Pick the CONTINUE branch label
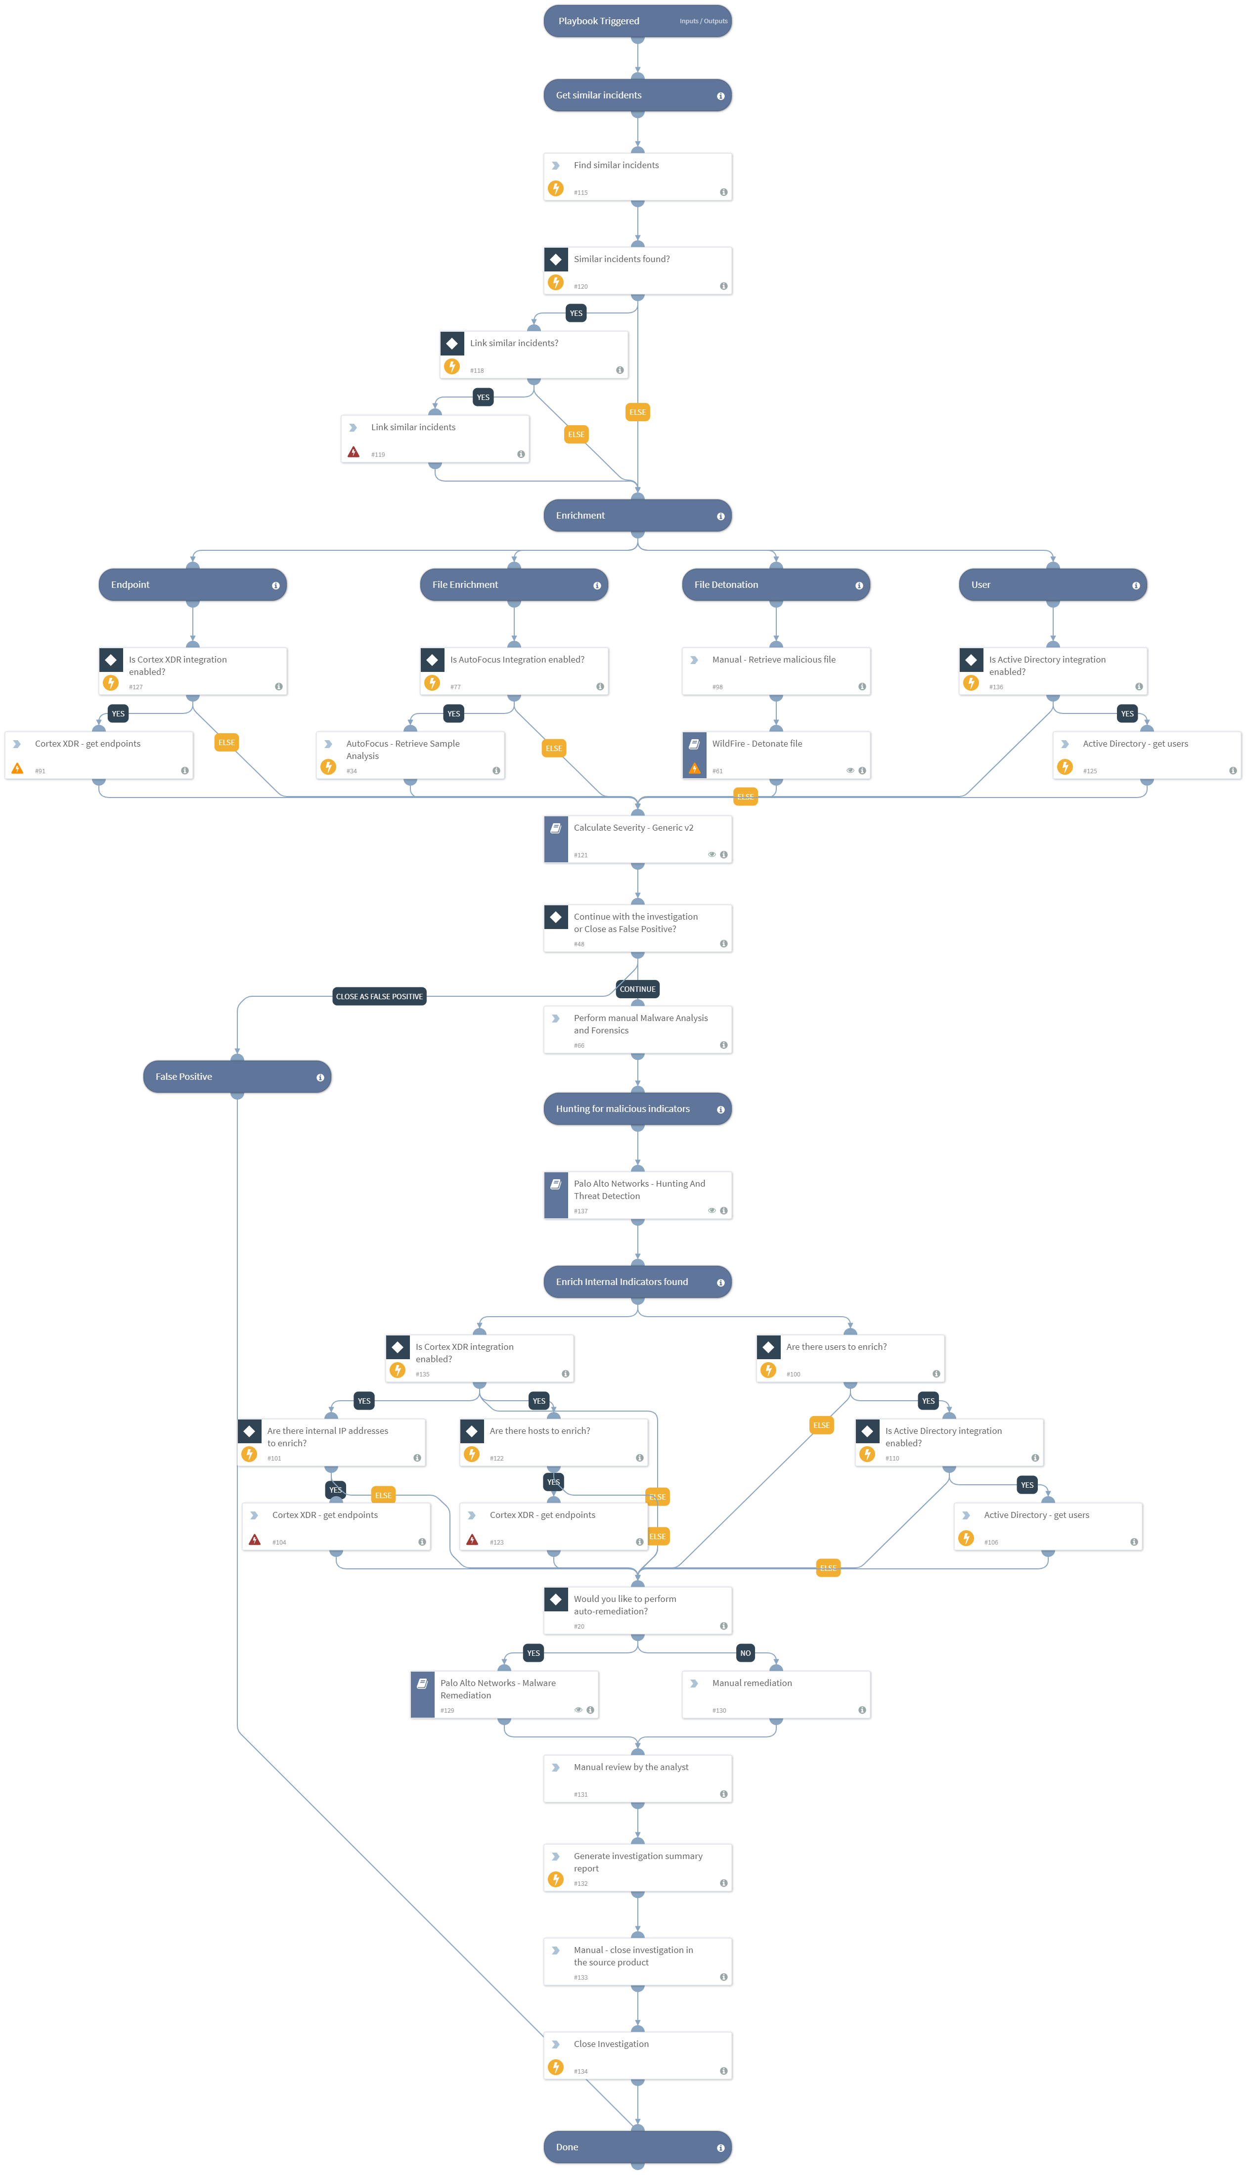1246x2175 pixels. click(x=637, y=989)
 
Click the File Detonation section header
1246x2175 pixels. click(x=775, y=585)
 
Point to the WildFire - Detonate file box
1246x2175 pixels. click(x=775, y=755)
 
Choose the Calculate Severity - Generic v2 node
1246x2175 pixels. click(x=637, y=839)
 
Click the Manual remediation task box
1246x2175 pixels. click(x=775, y=1694)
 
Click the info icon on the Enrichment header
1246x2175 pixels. click(x=720, y=516)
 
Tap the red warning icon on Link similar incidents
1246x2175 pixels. click(x=354, y=452)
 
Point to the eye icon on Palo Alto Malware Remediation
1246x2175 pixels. click(x=578, y=1710)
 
